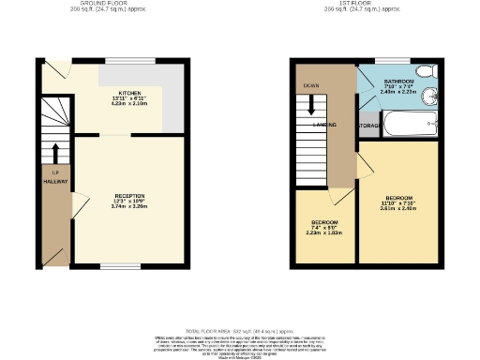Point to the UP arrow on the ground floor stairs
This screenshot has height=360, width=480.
(56, 155)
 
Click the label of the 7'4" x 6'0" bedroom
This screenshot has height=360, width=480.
(325, 226)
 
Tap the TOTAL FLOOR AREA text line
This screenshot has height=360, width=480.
(240, 331)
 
